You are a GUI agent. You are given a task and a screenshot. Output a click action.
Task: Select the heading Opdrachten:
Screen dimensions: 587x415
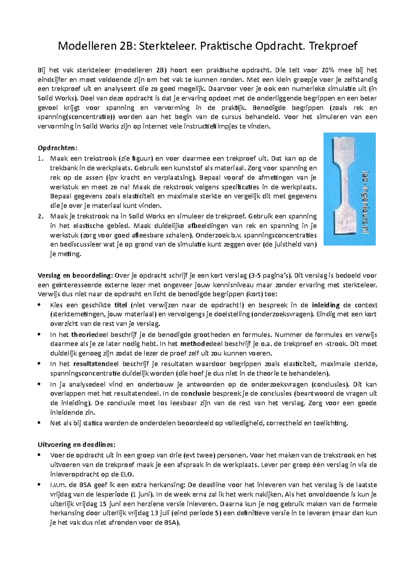click(x=57, y=148)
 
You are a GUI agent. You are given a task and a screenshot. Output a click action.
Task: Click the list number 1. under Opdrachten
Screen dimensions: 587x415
click(x=41, y=159)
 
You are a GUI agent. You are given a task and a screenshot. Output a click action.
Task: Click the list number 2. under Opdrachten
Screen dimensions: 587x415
click(x=41, y=216)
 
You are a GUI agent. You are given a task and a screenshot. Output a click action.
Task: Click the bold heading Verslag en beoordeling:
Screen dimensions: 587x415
click(x=75, y=276)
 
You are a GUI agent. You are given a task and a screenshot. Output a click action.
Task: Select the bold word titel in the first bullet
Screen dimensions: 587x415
click(x=121, y=305)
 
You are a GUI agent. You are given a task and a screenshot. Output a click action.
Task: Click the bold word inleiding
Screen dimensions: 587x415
click(x=326, y=305)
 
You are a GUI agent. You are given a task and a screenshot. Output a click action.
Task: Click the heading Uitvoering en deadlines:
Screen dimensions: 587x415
click(x=76, y=445)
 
